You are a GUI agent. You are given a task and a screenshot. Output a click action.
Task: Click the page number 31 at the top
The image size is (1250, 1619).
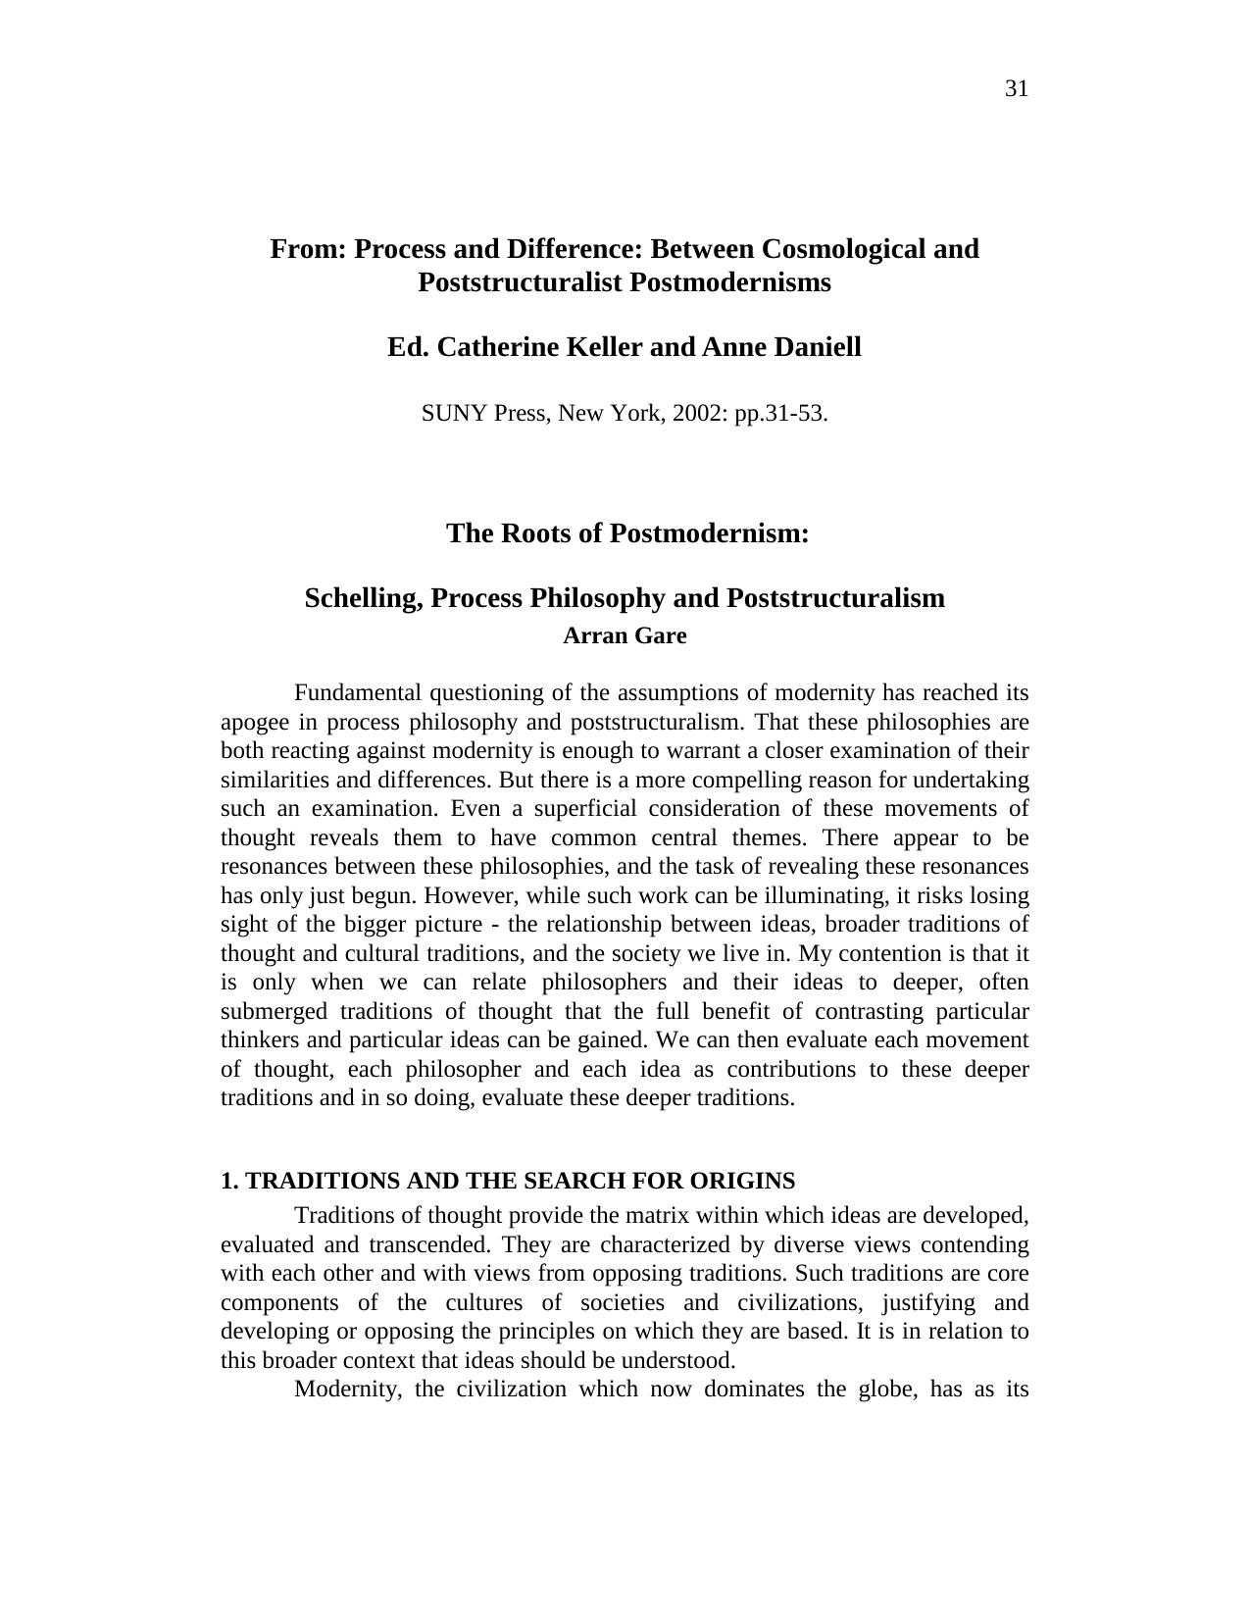(1017, 89)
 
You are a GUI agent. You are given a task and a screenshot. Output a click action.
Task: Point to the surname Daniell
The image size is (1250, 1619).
(815, 347)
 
